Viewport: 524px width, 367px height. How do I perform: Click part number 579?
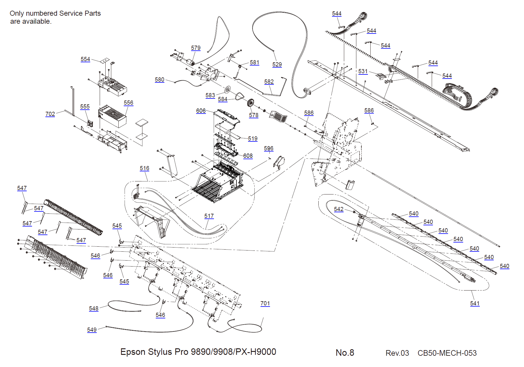pos(196,48)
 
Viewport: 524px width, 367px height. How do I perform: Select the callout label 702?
pos(50,114)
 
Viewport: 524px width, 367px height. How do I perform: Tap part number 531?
pos(363,71)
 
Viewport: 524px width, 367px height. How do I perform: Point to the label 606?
pos(201,111)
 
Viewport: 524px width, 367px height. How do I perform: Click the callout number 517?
pos(209,216)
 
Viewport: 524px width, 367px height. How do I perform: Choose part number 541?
pos(475,303)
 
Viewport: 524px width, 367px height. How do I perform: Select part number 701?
pos(265,303)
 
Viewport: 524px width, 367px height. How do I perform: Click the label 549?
pos(92,330)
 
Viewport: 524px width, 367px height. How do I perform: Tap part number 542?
pos(339,209)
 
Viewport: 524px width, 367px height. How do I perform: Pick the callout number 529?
pos(277,64)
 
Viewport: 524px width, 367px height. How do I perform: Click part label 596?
pos(269,148)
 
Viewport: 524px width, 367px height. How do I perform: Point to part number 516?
pos(145,168)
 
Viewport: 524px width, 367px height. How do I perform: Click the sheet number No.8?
pos(345,352)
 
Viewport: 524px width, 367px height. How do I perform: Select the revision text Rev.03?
pos(397,353)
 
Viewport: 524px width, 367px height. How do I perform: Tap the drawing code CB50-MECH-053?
pos(447,353)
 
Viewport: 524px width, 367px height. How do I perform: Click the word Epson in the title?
pos(133,352)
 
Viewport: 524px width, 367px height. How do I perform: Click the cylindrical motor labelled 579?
pos(190,62)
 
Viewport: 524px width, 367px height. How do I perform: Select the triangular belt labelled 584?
pos(240,96)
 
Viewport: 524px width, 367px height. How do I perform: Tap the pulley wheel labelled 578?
pos(251,103)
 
